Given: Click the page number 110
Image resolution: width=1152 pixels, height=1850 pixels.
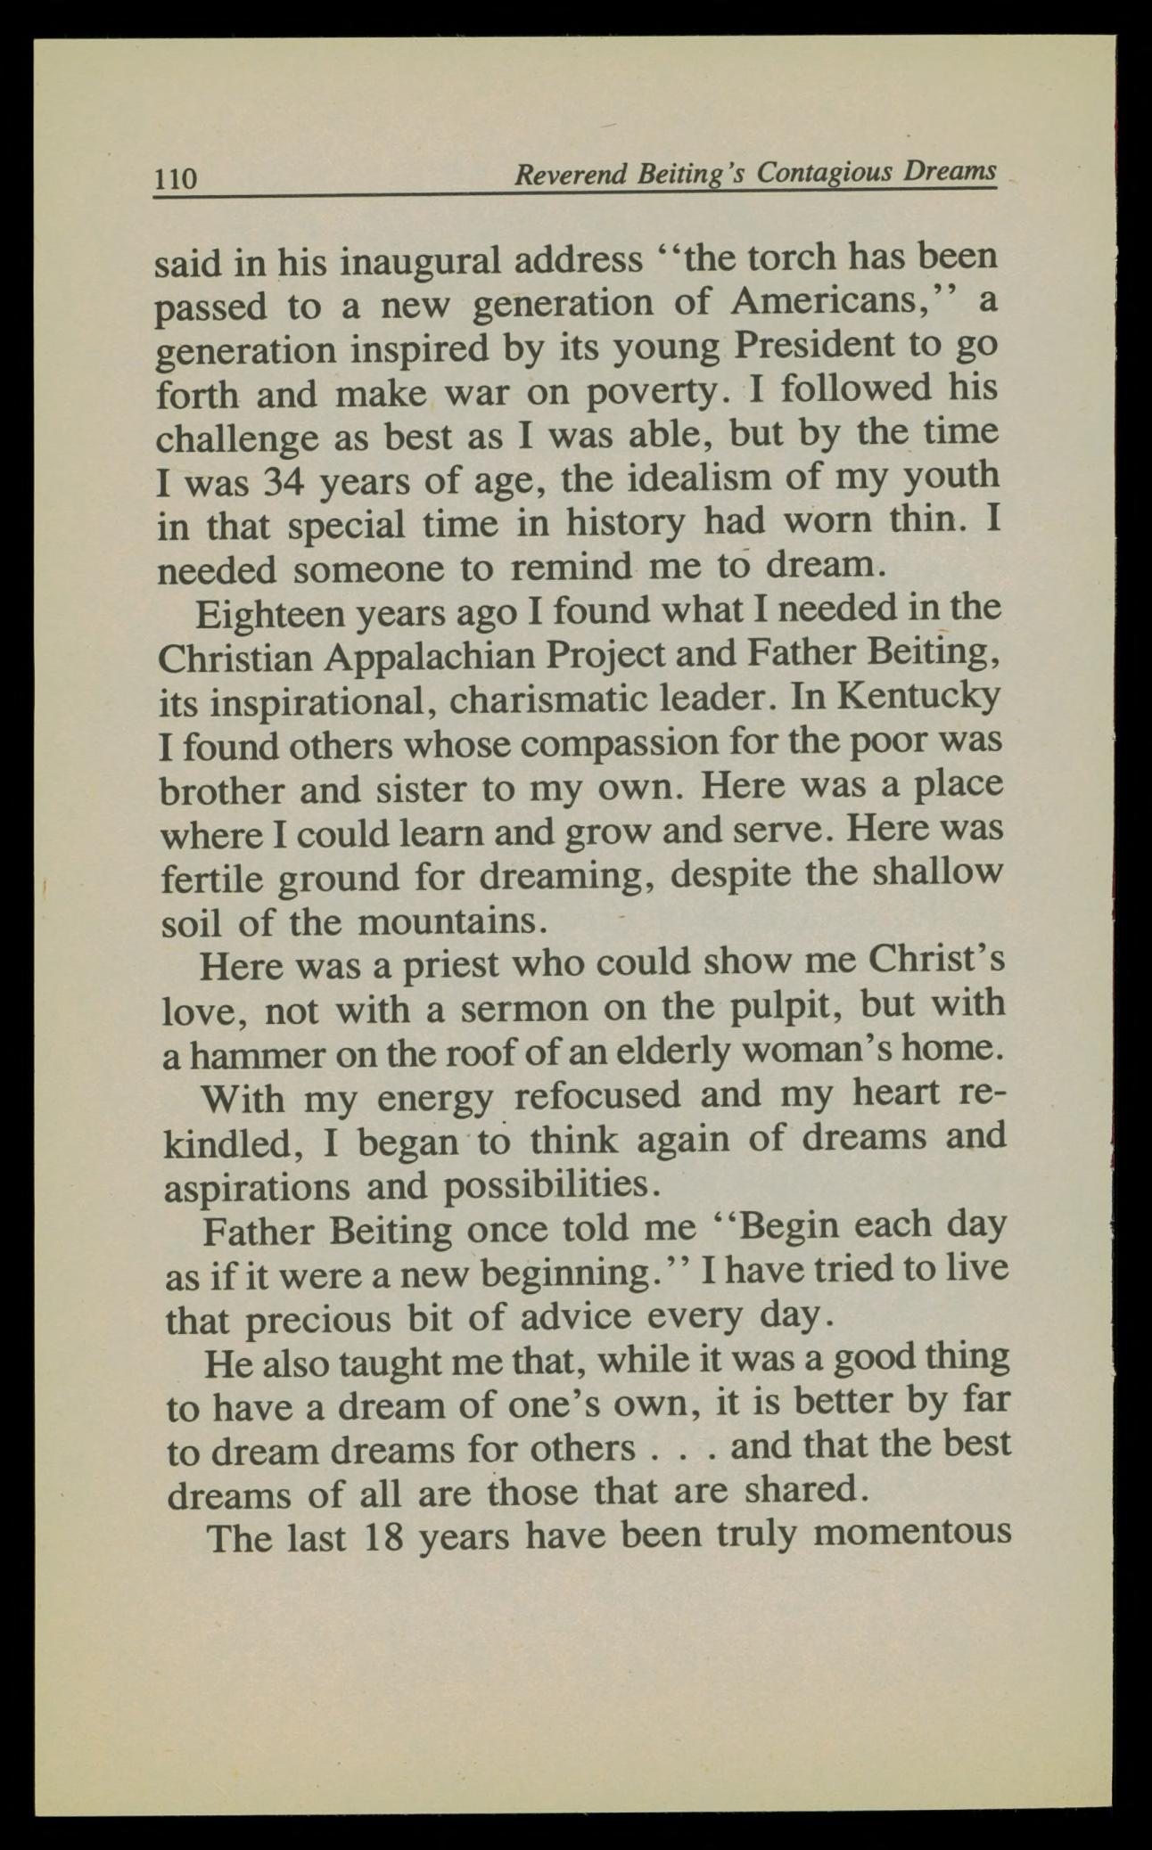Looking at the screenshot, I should tap(176, 178).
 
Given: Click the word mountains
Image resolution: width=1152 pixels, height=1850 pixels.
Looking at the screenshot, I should tap(449, 921).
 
